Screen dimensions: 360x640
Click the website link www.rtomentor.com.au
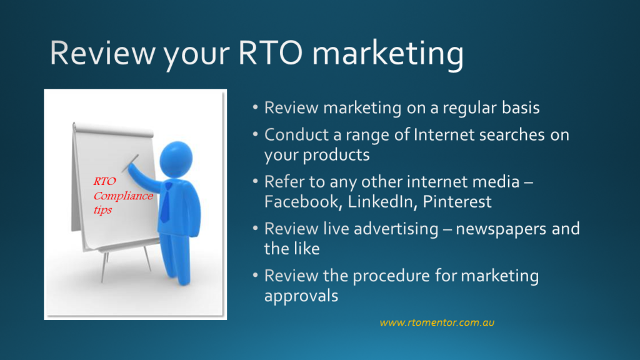(437, 322)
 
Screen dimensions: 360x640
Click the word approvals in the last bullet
(301, 296)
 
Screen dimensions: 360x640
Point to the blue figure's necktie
(166, 206)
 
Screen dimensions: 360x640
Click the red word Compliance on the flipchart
(123, 196)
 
